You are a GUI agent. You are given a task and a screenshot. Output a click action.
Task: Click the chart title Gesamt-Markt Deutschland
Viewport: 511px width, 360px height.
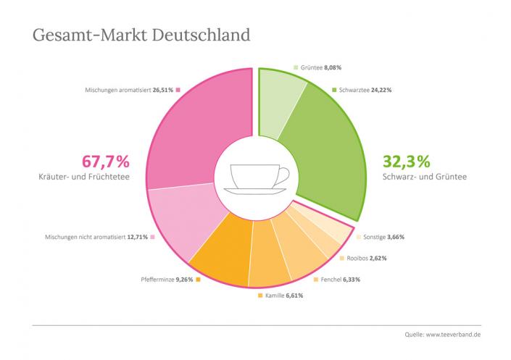pos(141,35)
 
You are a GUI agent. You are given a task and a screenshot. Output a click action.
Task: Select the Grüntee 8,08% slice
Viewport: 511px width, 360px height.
pos(279,101)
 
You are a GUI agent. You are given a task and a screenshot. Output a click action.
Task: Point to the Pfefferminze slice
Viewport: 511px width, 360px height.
pos(221,254)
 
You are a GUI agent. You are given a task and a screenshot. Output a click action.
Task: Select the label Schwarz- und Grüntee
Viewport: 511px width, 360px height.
pos(424,177)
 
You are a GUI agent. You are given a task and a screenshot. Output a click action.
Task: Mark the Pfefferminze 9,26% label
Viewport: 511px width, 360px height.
pos(167,280)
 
